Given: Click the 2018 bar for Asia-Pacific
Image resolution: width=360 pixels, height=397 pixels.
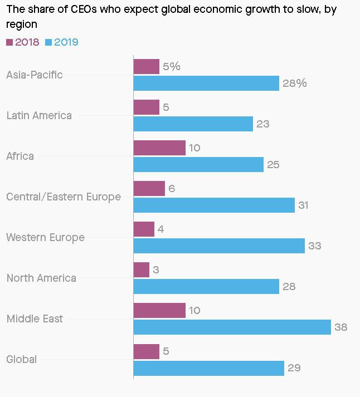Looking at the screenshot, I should click(x=147, y=67).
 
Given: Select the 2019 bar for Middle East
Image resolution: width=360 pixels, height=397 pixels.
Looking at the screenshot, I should click(x=232, y=327).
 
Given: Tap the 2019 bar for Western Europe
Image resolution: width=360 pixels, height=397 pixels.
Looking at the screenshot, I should click(x=219, y=246).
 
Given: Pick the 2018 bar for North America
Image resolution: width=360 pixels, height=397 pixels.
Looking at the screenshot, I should click(x=142, y=270).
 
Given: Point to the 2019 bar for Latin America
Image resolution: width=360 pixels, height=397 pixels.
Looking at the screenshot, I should click(x=193, y=124).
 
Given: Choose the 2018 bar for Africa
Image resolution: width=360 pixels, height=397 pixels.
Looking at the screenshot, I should click(x=159, y=148).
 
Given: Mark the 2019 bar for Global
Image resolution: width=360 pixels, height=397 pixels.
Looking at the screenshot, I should click(x=209, y=368).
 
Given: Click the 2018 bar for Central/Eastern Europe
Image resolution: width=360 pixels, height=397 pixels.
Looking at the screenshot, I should click(x=149, y=189).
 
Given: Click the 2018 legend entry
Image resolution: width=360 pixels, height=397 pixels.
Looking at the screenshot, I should click(x=23, y=42).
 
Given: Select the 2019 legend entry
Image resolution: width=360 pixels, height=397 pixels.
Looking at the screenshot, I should click(x=62, y=42).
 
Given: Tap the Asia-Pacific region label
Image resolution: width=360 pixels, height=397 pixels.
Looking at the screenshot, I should click(x=35, y=75).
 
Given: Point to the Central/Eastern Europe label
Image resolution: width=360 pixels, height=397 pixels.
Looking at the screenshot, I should click(x=64, y=197).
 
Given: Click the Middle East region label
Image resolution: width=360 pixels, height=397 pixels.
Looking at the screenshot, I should click(x=35, y=319).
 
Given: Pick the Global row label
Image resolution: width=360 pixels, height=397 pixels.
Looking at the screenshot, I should click(x=22, y=360).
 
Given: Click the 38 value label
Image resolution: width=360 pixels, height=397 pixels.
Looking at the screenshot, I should click(x=340, y=327).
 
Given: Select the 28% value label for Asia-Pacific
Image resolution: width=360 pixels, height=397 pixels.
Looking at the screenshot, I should click(x=294, y=84).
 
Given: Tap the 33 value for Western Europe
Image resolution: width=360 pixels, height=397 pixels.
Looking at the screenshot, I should click(x=314, y=246).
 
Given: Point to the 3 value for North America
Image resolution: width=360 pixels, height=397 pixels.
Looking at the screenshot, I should click(x=156, y=270).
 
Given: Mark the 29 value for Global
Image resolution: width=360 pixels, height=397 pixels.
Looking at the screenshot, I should click(x=294, y=368).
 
